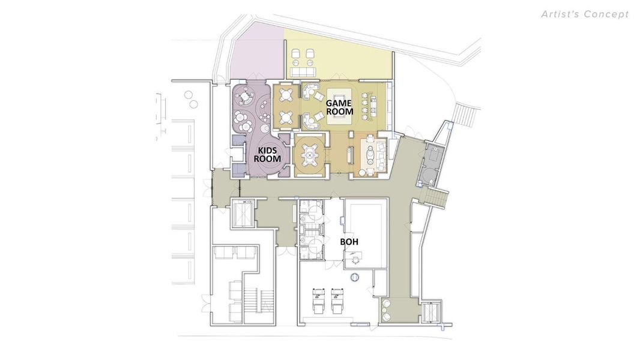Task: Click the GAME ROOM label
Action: coord(339,107)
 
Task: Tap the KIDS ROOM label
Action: coord(268,155)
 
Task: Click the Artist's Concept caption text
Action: coord(585,14)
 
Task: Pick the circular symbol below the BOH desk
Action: coord(355,277)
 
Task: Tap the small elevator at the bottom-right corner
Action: coord(430,313)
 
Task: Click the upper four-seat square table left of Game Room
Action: coord(286,95)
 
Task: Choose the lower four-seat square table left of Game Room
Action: coord(286,118)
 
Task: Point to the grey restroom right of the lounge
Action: coord(431,166)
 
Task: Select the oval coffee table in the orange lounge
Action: coord(369,155)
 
